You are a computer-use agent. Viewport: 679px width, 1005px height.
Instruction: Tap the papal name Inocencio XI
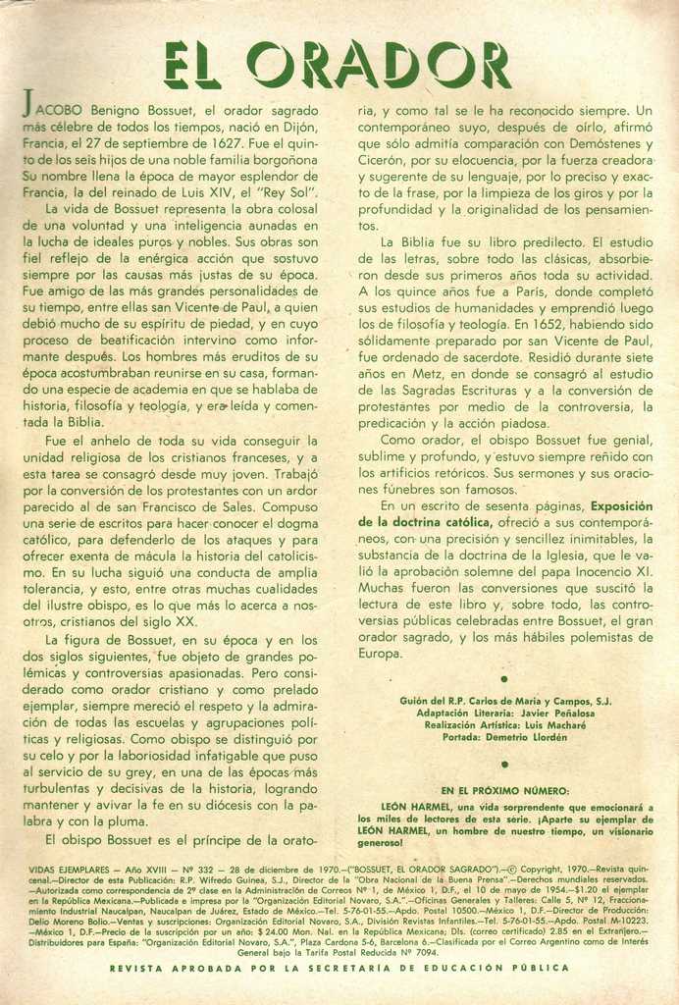click(613, 570)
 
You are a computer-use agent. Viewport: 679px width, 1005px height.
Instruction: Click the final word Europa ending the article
click(380, 653)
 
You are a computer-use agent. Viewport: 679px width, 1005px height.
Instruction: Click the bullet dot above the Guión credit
click(504, 678)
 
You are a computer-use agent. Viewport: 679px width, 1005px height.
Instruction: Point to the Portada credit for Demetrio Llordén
click(505, 737)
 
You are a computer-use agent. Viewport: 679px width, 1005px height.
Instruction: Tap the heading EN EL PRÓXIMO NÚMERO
click(504, 790)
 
